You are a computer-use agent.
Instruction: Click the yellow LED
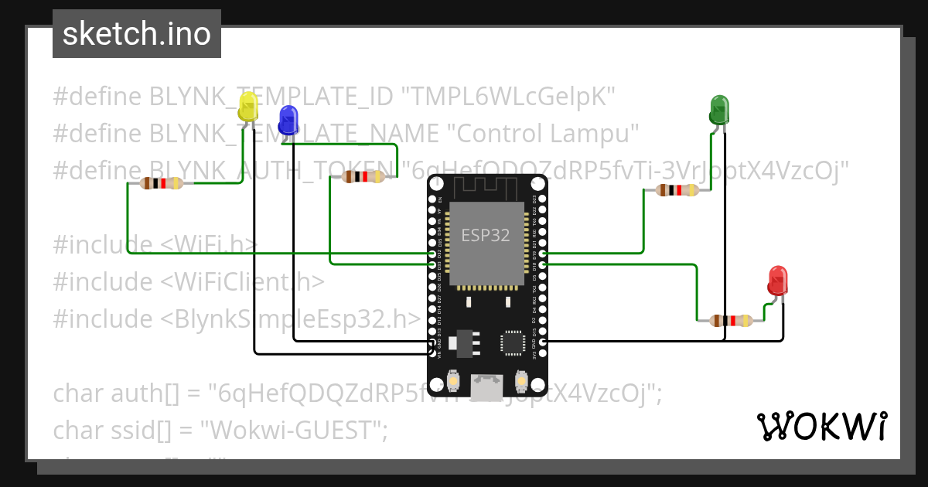point(248,107)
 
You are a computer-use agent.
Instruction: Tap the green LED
point(719,111)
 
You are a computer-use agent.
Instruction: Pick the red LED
point(777,281)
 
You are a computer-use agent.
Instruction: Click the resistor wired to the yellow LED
point(162,183)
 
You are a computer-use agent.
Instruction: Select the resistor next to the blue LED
point(363,177)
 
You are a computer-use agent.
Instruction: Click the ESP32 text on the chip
point(486,235)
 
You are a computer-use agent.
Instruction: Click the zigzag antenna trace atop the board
point(486,186)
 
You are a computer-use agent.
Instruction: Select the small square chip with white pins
point(513,342)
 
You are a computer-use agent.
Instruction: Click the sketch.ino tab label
point(137,34)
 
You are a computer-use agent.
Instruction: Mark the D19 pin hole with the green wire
point(544,254)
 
